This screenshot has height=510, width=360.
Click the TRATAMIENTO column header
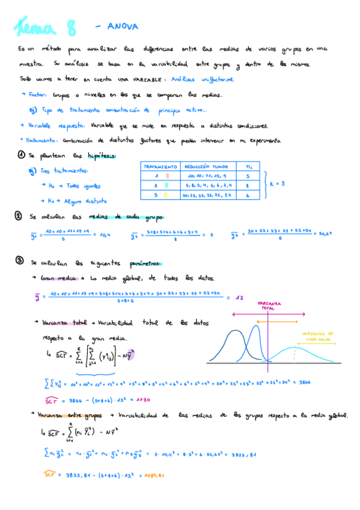coord(159,165)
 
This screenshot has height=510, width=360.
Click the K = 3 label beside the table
coord(276,183)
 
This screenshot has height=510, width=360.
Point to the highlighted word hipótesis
coord(101,156)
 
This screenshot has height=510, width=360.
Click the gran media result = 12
coord(239,297)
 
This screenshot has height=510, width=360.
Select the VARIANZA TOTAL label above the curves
coord(267,306)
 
